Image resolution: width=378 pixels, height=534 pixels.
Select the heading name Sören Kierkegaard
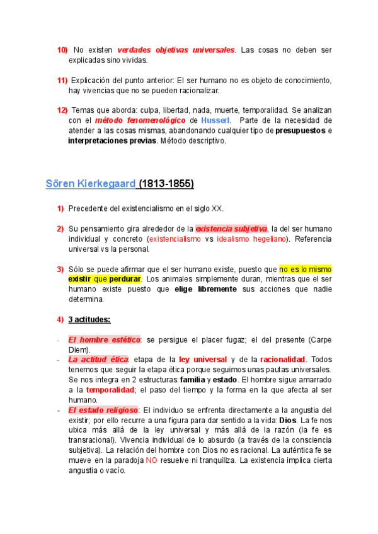(91, 184)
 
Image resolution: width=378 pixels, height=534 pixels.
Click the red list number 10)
(62, 50)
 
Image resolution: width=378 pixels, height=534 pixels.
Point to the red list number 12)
(62, 110)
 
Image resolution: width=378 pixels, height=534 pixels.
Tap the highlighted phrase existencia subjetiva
(231, 229)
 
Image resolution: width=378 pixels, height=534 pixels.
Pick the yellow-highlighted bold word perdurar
(125, 279)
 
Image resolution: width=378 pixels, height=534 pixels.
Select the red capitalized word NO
(152, 460)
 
